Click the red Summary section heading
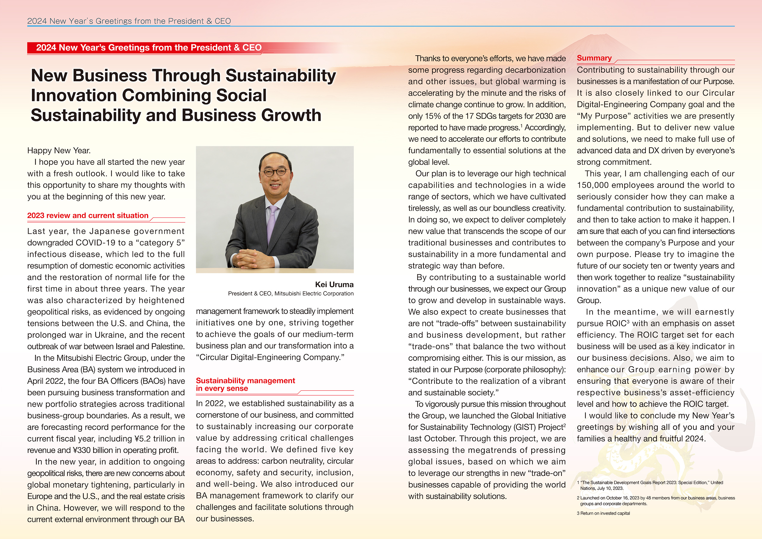click(x=594, y=58)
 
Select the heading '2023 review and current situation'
click(x=88, y=216)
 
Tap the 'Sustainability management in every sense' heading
click(x=245, y=384)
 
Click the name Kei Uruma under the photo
click(x=334, y=284)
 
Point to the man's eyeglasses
click(x=275, y=172)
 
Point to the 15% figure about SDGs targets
click(x=433, y=116)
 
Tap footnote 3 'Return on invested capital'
click(x=603, y=513)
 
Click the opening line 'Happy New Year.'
click(x=59, y=150)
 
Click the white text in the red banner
click(x=149, y=48)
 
